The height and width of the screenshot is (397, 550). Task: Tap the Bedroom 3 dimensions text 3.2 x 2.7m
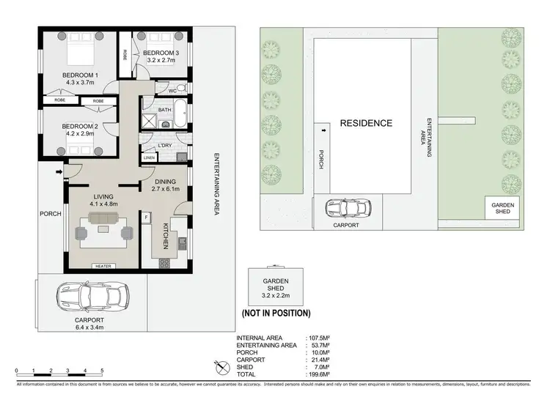(x=161, y=62)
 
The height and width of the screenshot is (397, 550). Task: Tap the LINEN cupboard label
(x=150, y=157)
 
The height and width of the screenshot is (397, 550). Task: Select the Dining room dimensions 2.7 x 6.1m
(x=165, y=189)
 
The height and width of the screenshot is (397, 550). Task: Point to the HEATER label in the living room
(x=102, y=266)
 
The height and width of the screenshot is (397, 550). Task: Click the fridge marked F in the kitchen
(x=146, y=218)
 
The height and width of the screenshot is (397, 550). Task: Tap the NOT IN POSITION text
(x=276, y=313)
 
